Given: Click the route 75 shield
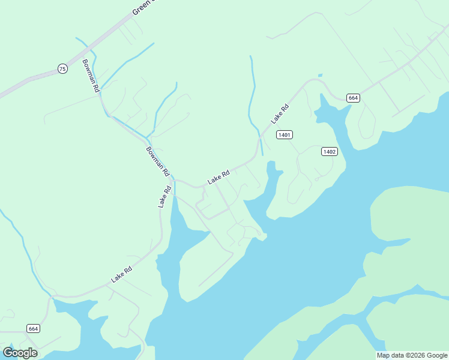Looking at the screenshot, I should pos(62,68).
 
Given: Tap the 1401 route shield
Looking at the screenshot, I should pos(285,134).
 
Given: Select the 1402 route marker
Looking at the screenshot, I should pos(329,151).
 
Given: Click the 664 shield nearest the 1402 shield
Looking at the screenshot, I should pos(353,98).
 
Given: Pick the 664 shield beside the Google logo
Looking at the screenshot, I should pos(34,328).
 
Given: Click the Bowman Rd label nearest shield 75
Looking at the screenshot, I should pos(91,75).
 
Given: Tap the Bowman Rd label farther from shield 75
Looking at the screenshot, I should pos(158,161).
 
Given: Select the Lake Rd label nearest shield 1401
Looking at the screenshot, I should pos(280,113).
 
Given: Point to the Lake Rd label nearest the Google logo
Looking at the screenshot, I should pos(121,275).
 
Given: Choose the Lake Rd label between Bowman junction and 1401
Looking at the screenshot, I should pos(218,177).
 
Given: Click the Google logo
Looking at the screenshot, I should pos(20,353).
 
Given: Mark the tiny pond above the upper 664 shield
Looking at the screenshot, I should pos(320,76).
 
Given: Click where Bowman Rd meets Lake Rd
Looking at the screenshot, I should pos(172,179).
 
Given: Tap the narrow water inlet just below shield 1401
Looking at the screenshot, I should pos(272,180).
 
